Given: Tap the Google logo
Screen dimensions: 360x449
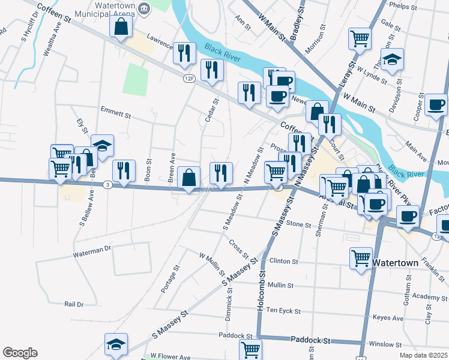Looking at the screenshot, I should [x=20, y=353].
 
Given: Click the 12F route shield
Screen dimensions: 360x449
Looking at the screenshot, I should [x=190, y=78].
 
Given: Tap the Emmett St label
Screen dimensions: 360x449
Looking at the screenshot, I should [x=116, y=113].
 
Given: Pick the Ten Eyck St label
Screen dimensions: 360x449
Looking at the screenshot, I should [x=283, y=311].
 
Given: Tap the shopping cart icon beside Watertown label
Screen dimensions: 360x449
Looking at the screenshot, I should [x=361, y=259].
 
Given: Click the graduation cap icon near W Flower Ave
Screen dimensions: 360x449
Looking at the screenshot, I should [x=115, y=344].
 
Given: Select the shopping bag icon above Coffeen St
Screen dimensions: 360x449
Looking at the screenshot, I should [x=121, y=26].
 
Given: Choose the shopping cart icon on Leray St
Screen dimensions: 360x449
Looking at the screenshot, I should [x=360, y=39].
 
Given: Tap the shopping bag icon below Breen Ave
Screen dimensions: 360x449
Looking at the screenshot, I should [x=189, y=178].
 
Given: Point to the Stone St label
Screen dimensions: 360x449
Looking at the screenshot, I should [x=298, y=225].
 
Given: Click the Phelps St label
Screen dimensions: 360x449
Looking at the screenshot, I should [x=403, y=7].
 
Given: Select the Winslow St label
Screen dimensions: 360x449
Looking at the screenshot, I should [x=385, y=344].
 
